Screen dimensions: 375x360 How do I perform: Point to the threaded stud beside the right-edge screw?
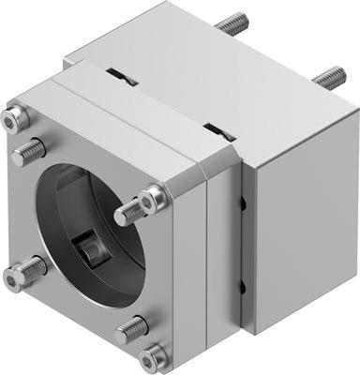tap(128, 213)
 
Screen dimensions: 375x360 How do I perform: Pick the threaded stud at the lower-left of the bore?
tap(34, 267)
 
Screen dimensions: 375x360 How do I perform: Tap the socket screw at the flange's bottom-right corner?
tap(152, 356)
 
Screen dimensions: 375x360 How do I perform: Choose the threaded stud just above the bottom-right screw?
tap(132, 328)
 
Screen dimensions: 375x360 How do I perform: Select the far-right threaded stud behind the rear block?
tap(330, 75)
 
